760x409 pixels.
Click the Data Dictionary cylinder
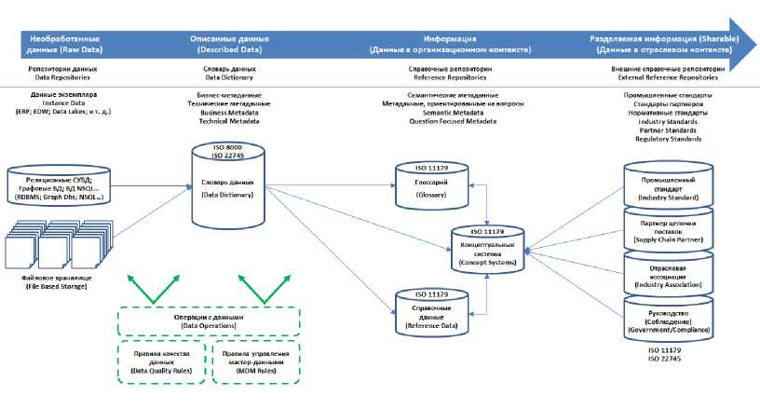point(234,186)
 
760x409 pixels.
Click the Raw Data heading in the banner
point(71,44)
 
